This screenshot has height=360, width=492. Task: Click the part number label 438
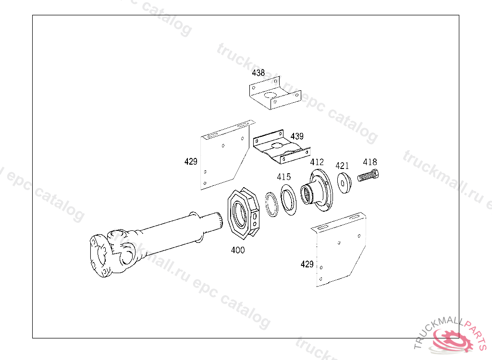coord(258,73)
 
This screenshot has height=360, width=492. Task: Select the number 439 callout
coord(297,136)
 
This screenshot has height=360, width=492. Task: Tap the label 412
coord(317,162)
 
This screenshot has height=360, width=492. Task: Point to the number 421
coord(342,166)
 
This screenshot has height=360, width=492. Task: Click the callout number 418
coord(370,162)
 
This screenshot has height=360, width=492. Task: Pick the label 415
coord(283,177)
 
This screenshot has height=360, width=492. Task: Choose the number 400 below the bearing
coord(238,250)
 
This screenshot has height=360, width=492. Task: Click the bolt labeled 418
coord(369,176)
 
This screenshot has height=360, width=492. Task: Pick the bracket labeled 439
coord(279,149)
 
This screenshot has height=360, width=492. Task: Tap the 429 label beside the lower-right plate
coord(307,264)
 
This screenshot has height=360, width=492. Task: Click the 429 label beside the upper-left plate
coord(191,162)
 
